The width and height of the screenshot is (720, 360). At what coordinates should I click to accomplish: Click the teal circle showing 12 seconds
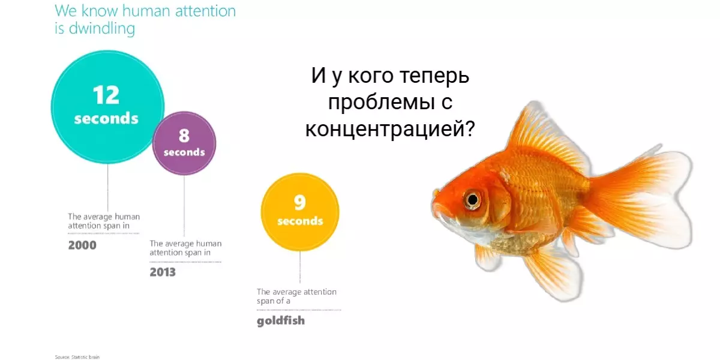(x=107, y=107)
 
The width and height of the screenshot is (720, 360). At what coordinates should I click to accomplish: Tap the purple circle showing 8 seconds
(x=184, y=143)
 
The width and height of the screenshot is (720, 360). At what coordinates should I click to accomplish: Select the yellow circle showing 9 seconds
(x=300, y=212)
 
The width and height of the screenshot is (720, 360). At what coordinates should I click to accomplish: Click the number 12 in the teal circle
(x=106, y=95)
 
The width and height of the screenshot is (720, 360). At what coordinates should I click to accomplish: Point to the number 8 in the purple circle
(x=184, y=136)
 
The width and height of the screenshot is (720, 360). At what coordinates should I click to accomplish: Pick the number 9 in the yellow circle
(x=299, y=202)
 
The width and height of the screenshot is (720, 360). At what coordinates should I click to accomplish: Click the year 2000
(x=82, y=245)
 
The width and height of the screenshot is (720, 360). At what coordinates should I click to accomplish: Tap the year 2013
(x=163, y=272)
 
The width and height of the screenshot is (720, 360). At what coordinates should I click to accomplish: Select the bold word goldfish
(x=281, y=321)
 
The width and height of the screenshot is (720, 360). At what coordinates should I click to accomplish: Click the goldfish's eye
(x=472, y=200)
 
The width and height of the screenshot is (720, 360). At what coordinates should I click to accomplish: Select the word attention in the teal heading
(x=205, y=11)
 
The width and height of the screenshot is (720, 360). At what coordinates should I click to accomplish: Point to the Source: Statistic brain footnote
(x=77, y=357)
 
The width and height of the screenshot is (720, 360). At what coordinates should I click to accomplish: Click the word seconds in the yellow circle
(x=300, y=221)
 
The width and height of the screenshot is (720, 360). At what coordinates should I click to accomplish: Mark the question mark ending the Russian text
(x=470, y=128)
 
